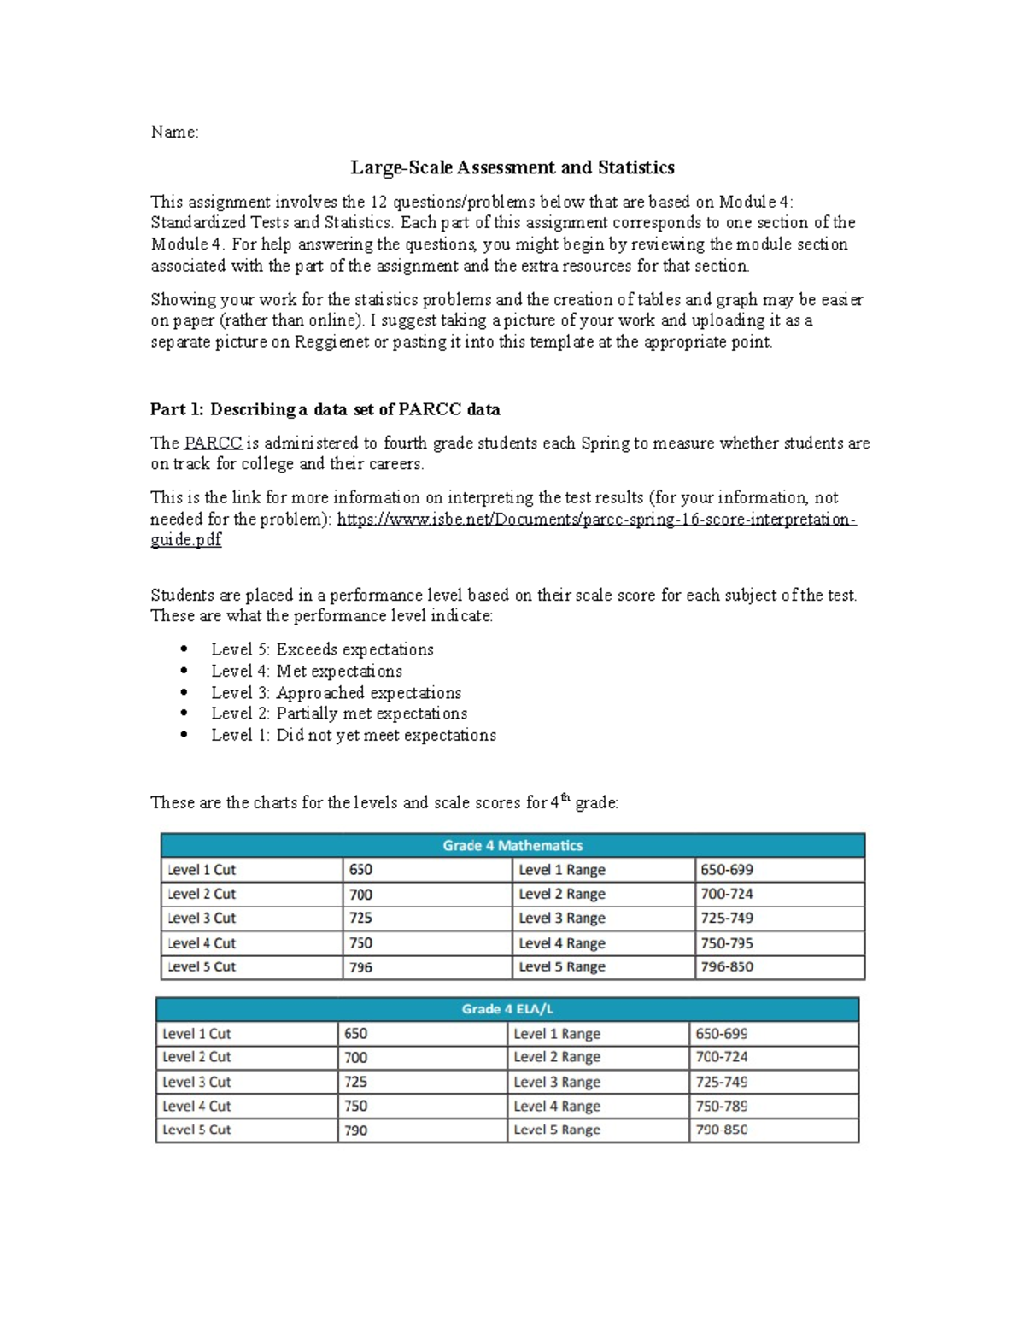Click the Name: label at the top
tap(174, 132)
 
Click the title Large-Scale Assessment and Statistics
tap(512, 167)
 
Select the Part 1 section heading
tap(325, 409)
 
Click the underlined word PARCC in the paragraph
tap(213, 443)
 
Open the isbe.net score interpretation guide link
tap(596, 520)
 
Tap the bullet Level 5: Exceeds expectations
tap(322, 649)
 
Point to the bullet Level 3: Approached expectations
tap(336, 693)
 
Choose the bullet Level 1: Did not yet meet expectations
tap(353, 736)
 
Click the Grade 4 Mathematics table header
tap(512, 845)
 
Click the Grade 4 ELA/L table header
tap(507, 1009)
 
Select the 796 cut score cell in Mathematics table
tap(361, 967)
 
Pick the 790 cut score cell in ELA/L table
tap(356, 1130)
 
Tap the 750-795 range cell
tap(727, 943)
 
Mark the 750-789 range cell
tap(722, 1106)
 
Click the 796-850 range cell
tap(727, 967)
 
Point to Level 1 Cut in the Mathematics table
tap(202, 870)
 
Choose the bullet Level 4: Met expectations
tap(307, 672)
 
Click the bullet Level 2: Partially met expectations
tap(339, 713)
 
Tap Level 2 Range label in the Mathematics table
tap(562, 894)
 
